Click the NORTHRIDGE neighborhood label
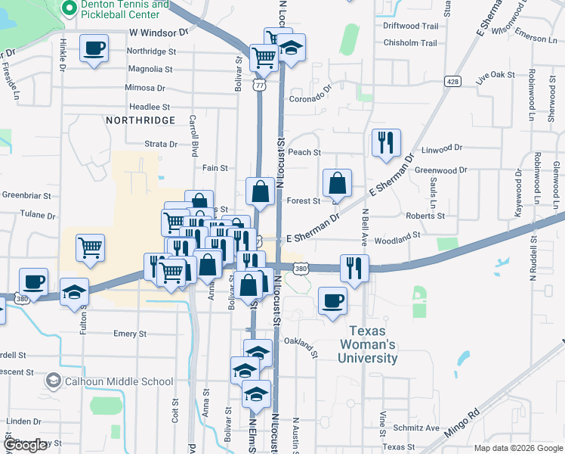140,120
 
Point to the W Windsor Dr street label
159,33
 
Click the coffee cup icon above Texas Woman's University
332,300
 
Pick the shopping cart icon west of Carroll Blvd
90,247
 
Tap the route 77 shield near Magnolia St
259,86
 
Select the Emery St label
129,334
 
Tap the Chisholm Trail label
410,42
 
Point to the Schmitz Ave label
421,428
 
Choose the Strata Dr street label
161,144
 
